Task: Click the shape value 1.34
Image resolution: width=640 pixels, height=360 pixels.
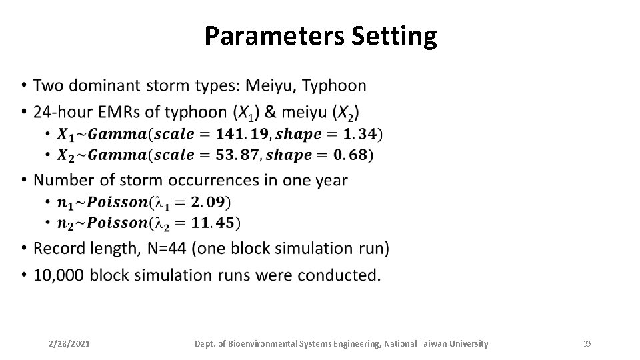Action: point(357,134)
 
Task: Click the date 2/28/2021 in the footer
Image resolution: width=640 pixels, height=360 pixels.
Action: point(70,344)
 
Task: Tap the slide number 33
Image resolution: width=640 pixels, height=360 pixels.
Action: point(587,344)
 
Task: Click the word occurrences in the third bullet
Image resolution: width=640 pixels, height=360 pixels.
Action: point(215,180)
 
